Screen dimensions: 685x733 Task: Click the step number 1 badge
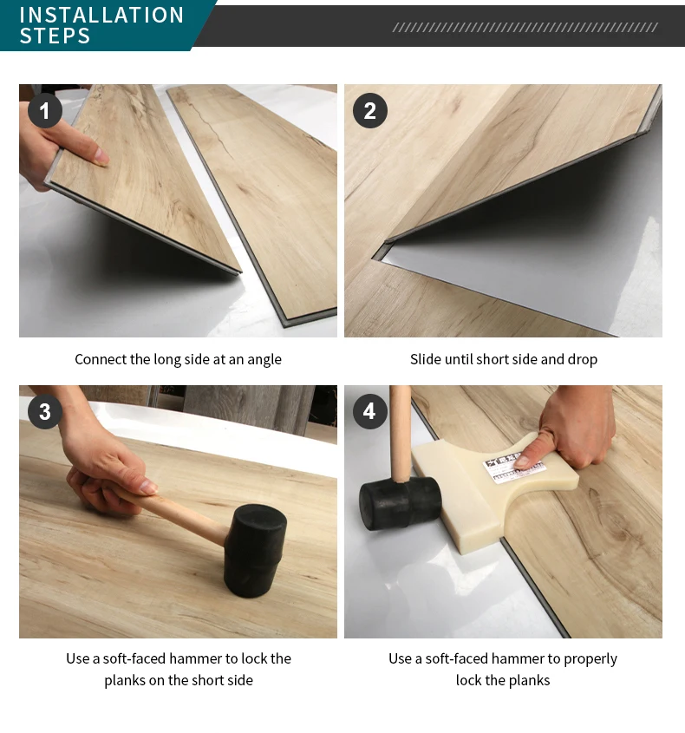(x=45, y=111)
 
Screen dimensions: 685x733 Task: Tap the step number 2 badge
(x=370, y=111)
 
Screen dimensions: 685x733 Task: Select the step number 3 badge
(x=45, y=412)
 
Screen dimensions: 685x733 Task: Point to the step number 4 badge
(x=370, y=412)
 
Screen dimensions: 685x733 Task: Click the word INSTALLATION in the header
(x=101, y=15)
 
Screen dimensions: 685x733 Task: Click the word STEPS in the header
(x=55, y=36)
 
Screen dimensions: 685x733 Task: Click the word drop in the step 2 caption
(x=582, y=359)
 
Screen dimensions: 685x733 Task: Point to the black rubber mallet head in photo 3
(x=255, y=550)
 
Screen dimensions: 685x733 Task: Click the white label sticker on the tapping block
(x=513, y=468)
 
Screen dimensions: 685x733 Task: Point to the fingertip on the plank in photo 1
(x=101, y=156)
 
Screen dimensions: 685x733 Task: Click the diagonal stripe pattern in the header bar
(x=525, y=28)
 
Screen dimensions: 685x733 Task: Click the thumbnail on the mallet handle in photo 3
(x=148, y=487)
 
